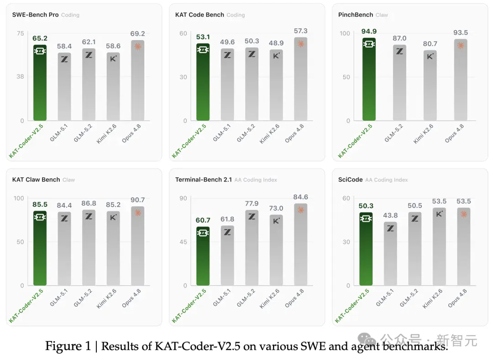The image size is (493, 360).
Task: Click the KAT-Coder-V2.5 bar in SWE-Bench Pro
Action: tap(40, 83)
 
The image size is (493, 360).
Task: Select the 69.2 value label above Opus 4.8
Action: tap(137, 34)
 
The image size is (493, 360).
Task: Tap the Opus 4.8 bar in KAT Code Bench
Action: tap(300, 79)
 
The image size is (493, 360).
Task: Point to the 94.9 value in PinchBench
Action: tap(369, 31)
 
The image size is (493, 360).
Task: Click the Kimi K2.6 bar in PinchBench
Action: tap(430, 85)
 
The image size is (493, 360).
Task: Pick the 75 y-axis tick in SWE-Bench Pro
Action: tap(21, 33)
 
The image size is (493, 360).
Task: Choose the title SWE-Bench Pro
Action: tap(35, 15)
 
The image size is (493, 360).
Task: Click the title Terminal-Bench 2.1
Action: tap(204, 180)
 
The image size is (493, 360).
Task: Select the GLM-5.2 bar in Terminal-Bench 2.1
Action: tap(252, 248)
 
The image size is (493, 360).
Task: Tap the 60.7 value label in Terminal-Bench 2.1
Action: tap(203, 220)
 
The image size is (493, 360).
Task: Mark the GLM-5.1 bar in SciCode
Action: tap(390, 254)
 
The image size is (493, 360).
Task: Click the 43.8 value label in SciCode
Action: tap(390, 215)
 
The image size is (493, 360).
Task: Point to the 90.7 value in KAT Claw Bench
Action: tap(137, 200)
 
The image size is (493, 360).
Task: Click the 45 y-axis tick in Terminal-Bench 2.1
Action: tap(183, 242)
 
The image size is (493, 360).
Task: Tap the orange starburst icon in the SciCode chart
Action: tap(464, 214)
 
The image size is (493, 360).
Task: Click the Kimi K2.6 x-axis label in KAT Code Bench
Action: tap(269, 134)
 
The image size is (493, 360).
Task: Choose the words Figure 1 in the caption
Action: tap(68, 346)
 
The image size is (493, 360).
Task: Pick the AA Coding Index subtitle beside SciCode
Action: tap(387, 180)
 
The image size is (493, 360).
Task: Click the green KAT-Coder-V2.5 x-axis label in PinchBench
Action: tap(355, 141)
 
